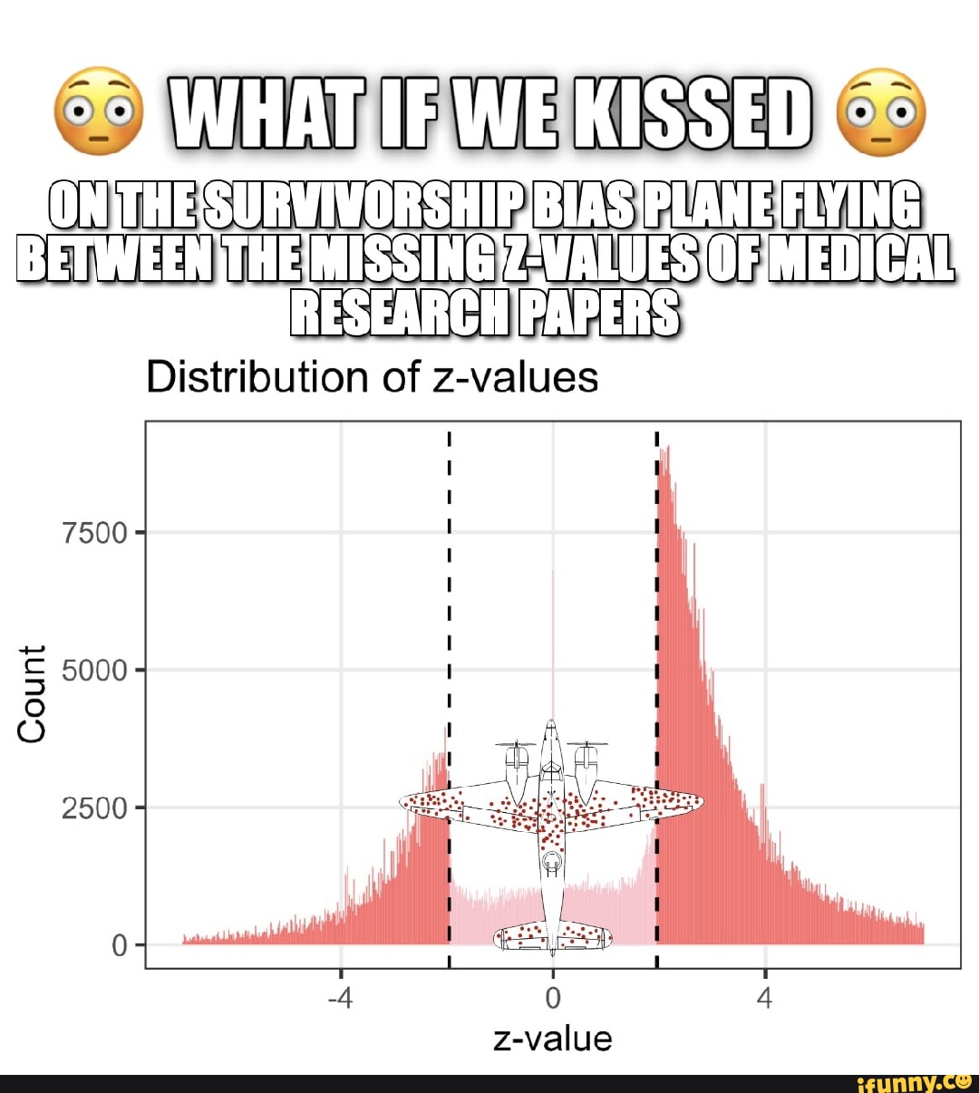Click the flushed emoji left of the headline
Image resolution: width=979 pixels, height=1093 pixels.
(x=99, y=111)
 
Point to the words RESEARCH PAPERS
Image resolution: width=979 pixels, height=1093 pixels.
(x=485, y=312)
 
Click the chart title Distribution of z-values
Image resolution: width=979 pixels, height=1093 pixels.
(x=372, y=377)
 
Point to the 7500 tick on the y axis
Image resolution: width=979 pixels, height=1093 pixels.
(x=95, y=533)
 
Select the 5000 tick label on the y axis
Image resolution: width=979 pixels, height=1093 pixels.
(x=95, y=671)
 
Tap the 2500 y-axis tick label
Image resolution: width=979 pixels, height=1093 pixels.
(x=95, y=808)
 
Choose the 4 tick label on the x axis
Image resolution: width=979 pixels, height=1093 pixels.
(x=765, y=999)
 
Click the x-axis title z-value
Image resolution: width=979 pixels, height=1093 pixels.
(x=552, y=1039)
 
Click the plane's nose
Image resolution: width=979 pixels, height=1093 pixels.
(x=551, y=728)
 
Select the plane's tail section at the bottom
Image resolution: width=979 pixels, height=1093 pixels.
(x=552, y=937)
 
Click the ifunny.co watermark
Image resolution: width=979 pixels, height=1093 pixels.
(x=913, y=1081)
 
